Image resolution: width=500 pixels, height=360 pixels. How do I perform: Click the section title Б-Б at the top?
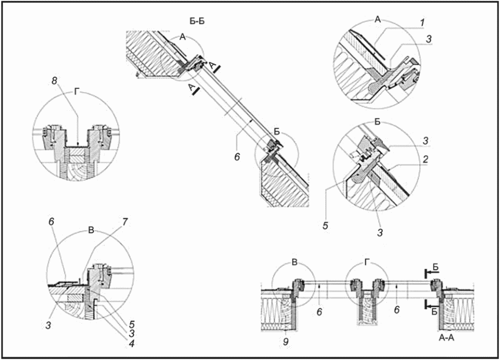[197, 22]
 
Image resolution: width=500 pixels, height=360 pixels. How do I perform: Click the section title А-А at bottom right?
[447, 338]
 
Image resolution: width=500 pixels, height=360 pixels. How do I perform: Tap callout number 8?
[54, 81]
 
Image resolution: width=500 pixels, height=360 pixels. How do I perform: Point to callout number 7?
[125, 222]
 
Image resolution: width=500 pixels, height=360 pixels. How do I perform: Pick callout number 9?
[286, 342]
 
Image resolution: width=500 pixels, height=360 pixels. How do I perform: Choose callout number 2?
[425, 160]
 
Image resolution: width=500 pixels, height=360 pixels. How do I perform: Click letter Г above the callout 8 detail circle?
[76, 92]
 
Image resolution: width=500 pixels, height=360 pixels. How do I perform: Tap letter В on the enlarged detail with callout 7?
[91, 231]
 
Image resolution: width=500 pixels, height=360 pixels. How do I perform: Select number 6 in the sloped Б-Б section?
[237, 157]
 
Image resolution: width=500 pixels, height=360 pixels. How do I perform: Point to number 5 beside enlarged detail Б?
[325, 225]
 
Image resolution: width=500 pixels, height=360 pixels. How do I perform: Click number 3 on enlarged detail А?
[429, 39]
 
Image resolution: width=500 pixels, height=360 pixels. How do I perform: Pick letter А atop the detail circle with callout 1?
[378, 20]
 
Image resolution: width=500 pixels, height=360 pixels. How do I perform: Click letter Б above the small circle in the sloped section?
[277, 132]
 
